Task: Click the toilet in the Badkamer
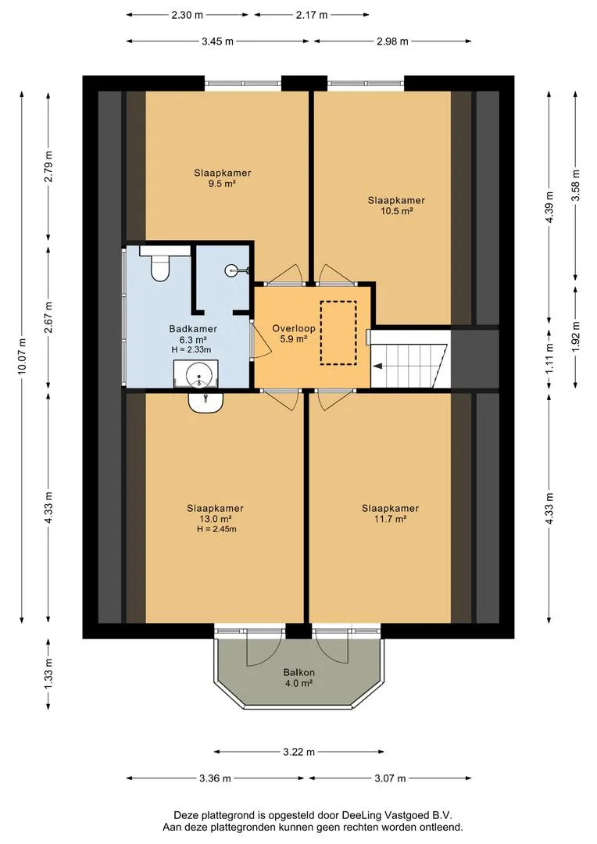[x=160, y=265]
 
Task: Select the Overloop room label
[x=293, y=328]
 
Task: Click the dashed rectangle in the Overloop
[x=338, y=333]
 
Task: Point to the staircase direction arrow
[x=378, y=367]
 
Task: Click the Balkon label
[x=298, y=672]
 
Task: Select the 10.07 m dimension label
[x=22, y=356]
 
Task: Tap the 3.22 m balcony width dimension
[x=298, y=752]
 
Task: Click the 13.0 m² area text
[x=215, y=519]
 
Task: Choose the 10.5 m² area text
[x=396, y=211]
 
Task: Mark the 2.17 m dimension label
[x=311, y=15]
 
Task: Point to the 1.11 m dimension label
[x=549, y=358]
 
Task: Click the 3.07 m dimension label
[x=390, y=778]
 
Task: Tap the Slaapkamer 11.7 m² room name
[x=390, y=508]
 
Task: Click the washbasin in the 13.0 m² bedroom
[x=206, y=402]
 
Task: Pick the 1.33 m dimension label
[x=49, y=674]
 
